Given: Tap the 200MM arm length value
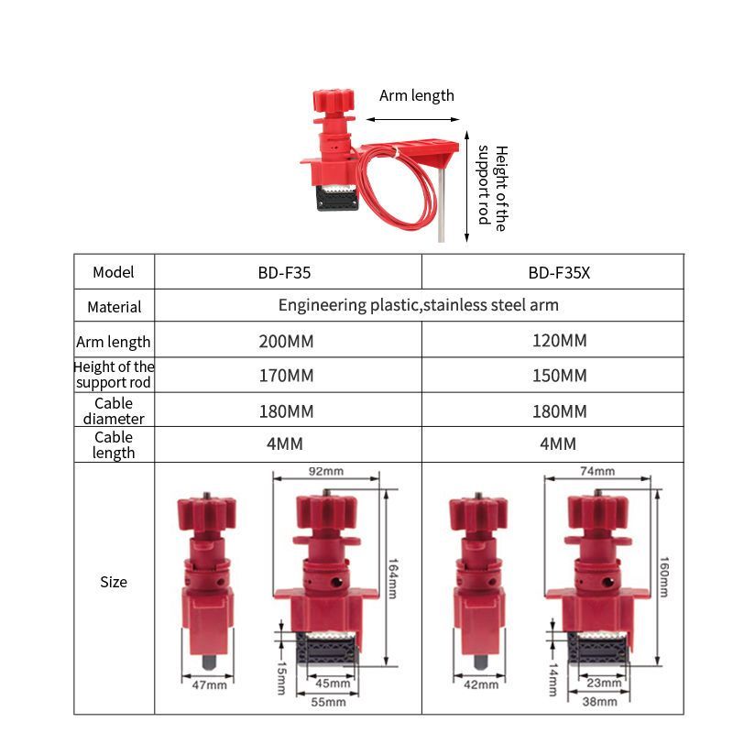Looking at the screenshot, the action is point(286,341).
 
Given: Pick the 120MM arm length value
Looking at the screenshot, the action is point(560,340).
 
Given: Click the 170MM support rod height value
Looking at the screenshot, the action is point(286,376).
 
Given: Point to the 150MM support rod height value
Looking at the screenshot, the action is point(560,376).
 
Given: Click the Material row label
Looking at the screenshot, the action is point(114,307).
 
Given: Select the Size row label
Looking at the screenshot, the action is point(114,582).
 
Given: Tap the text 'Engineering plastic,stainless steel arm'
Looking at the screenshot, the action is point(419,305).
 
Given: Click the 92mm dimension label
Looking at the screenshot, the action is point(326,471).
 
